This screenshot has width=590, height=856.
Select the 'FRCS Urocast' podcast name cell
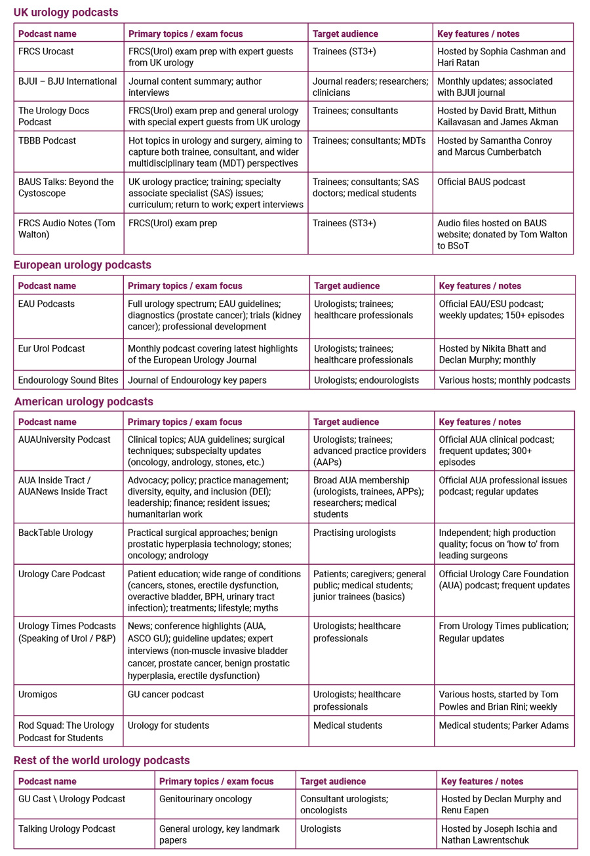click(x=46, y=51)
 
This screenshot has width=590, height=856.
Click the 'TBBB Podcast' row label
click(x=47, y=141)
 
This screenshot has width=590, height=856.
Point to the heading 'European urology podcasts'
click(x=83, y=265)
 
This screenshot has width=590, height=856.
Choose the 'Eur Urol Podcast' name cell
click(x=52, y=348)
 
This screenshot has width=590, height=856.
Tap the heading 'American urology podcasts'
click(x=83, y=401)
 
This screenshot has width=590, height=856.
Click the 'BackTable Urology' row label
click(x=56, y=533)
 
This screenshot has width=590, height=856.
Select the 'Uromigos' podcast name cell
click(x=39, y=694)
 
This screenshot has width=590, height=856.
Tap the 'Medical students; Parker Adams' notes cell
click(x=503, y=725)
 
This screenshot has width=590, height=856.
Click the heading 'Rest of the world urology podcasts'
click(x=102, y=760)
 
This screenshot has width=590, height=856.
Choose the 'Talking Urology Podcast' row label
click(x=67, y=829)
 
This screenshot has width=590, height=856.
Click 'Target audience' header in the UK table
click(x=345, y=33)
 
